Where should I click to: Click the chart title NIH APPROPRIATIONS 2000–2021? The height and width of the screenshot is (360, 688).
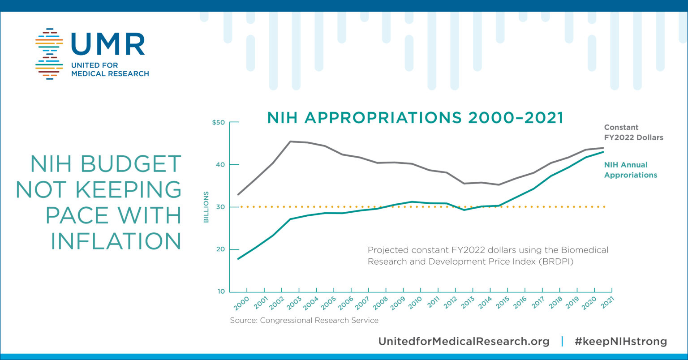click(415, 118)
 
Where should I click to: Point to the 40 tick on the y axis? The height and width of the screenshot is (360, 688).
click(220, 165)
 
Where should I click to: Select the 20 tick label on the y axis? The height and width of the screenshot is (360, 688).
click(220, 249)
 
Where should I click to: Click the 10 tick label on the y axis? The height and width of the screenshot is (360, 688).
click(220, 291)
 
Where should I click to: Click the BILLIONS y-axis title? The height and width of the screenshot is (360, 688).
click(206, 207)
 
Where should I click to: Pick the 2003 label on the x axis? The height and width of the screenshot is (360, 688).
click(293, 303)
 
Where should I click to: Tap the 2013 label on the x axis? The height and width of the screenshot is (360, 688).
click(468, 303)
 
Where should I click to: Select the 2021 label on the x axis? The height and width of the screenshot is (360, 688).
click(607, 303)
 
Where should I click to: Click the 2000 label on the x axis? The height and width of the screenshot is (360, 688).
click(241, 303)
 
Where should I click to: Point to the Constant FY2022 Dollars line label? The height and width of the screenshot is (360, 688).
click(633, 133)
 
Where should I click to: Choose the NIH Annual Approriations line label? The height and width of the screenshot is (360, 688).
click(630, 170)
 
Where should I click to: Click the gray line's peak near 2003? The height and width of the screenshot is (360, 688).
click(291, 141)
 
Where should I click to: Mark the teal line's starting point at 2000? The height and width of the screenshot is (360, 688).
click(238, 259)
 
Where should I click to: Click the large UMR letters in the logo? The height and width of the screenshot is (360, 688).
click(108, 44)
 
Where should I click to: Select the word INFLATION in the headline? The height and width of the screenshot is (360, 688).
click(116, 241)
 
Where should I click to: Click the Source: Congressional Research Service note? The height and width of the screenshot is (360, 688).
click(304, 321)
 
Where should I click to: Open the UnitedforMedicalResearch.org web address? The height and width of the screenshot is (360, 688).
click(464, 341)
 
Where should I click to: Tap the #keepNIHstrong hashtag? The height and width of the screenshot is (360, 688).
click(621, 341)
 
